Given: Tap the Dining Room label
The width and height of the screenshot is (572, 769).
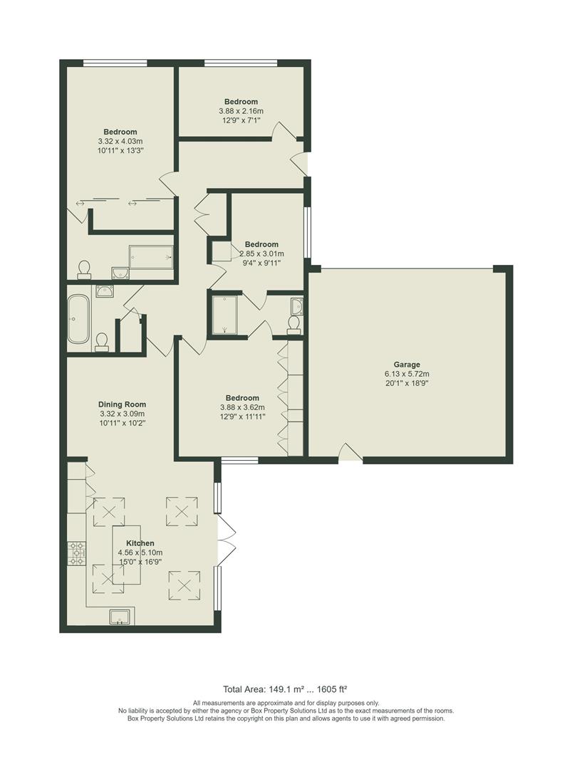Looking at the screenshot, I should click(122, 404).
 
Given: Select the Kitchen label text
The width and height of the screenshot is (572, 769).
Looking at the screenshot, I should click(140, 543).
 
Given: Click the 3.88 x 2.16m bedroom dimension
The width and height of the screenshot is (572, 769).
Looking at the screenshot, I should click(241, 111).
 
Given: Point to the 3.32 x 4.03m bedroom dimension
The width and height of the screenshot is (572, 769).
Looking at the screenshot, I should click(120, 141).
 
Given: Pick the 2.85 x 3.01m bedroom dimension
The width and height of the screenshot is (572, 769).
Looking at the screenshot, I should click(261, 253).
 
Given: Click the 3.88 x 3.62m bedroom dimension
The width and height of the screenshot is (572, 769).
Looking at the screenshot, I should click(242, 407).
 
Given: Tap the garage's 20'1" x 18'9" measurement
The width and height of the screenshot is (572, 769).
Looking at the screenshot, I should click(407, 382).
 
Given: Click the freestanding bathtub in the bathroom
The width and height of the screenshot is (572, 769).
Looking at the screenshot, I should click(77, 320).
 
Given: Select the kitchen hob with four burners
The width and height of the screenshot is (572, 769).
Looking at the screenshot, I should click(76, 553).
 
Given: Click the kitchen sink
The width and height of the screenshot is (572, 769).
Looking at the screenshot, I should click(120, 617).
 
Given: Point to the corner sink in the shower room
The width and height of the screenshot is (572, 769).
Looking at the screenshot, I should click(296, 307).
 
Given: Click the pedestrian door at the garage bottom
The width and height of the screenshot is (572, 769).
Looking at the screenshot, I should click(348, 453).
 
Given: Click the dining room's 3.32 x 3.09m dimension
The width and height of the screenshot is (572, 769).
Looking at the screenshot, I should click(122, 414).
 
